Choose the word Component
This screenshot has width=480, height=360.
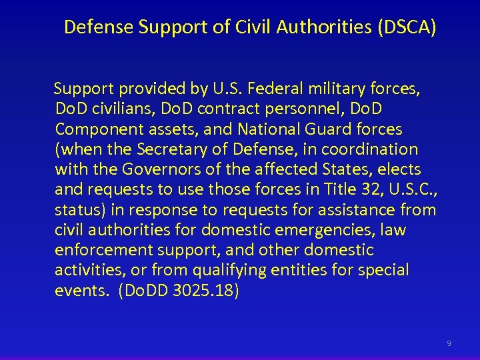[x=95, y=128]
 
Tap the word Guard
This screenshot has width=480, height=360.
[x=324, y=128]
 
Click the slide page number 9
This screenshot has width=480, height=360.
[x=449, y=343]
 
